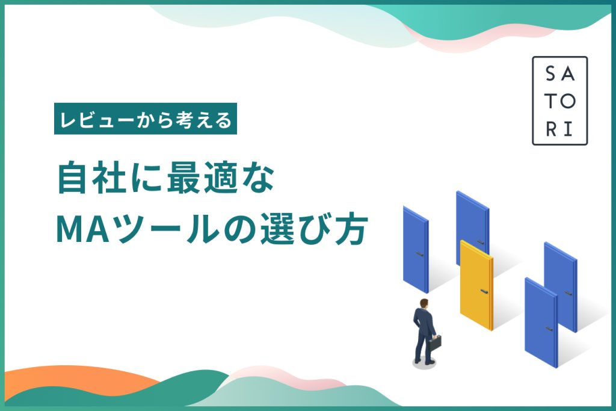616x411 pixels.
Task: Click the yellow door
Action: click(476, 285)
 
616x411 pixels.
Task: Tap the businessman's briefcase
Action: click(436, 343)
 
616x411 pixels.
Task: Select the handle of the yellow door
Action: click(484, 291)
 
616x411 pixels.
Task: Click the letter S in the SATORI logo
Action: click(551, 73)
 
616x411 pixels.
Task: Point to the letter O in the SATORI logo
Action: click(568, 101)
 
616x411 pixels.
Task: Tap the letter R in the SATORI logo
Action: click(551, 129)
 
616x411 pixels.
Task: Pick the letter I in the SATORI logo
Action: click(568, 129)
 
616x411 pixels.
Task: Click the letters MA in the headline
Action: click(82, 229)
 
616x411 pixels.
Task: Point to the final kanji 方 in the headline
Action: click(351, 229)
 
